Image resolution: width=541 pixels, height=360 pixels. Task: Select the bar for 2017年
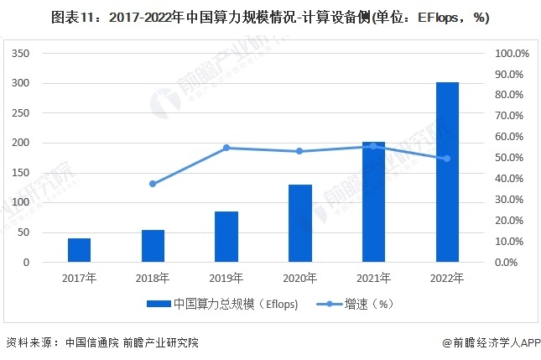tap(80, 250)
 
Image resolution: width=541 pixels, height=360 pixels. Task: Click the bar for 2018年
tap(153, 246)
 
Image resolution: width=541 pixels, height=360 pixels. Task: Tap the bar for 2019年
tap(226, 237)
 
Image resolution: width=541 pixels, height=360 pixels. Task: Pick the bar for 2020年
tap(300, 223)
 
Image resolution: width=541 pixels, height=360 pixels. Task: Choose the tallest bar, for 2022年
tap(447, 172)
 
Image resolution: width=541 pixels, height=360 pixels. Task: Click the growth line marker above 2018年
tap(153, 184)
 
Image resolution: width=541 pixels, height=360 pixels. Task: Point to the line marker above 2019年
tap(226, 148)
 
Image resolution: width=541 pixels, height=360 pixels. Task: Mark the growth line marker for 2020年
tap(300, 151)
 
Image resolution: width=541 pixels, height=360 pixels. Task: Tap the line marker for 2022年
tap(447, 159)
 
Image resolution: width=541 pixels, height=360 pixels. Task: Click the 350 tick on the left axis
tap(22, 53)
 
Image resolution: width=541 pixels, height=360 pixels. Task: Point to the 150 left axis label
tap(22, 173)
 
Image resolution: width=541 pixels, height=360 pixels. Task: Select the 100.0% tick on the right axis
tap(512, 53)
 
